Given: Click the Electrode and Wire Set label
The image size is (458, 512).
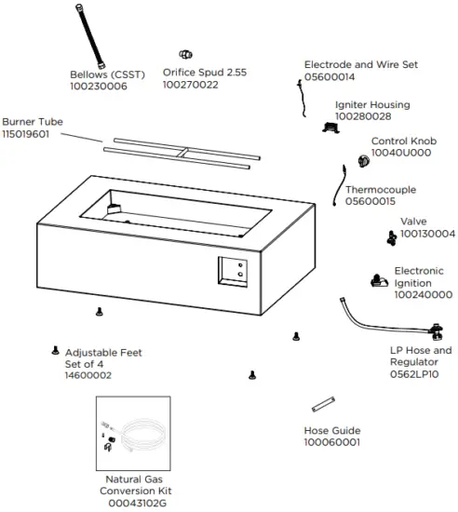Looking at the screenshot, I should (x=361, y=65).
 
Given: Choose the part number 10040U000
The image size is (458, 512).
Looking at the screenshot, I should (x=401, y=153).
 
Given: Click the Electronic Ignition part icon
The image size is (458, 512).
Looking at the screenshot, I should (x=380, y=279).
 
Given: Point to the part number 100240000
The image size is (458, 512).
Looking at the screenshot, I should (x=424, y=294).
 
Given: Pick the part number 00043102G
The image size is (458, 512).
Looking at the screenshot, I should (x=137, y=503).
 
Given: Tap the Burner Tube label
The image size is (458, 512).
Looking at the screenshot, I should (x=33, y=122).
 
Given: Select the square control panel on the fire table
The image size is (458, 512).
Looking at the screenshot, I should (x=233, y=272).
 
